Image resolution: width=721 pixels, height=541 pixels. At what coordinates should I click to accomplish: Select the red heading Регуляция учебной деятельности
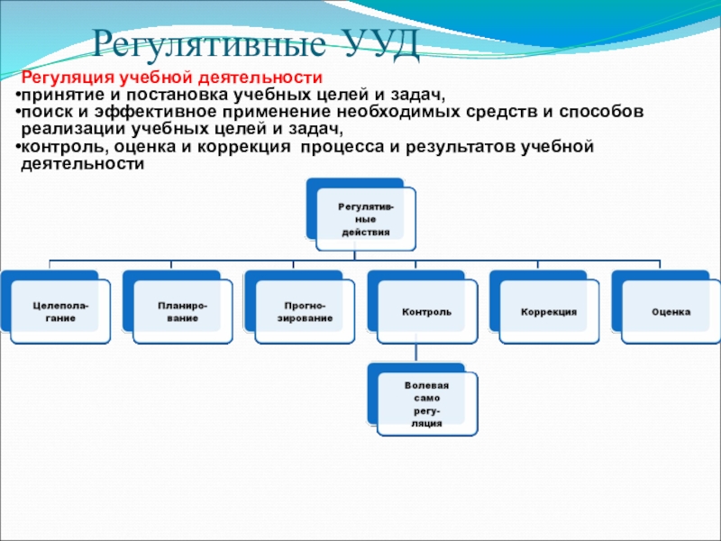(171, 78)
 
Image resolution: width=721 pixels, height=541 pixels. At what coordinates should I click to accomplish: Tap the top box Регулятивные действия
(365, 219)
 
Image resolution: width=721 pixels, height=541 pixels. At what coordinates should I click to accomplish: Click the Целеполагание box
(60, 312)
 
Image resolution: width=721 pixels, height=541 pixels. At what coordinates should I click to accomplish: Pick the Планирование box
(182, 312)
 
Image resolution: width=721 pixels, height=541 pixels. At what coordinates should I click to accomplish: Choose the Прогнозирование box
(305, 312)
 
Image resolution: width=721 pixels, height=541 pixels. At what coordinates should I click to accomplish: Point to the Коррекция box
(549, 312)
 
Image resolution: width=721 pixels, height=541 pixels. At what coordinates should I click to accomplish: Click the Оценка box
(671, 312)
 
